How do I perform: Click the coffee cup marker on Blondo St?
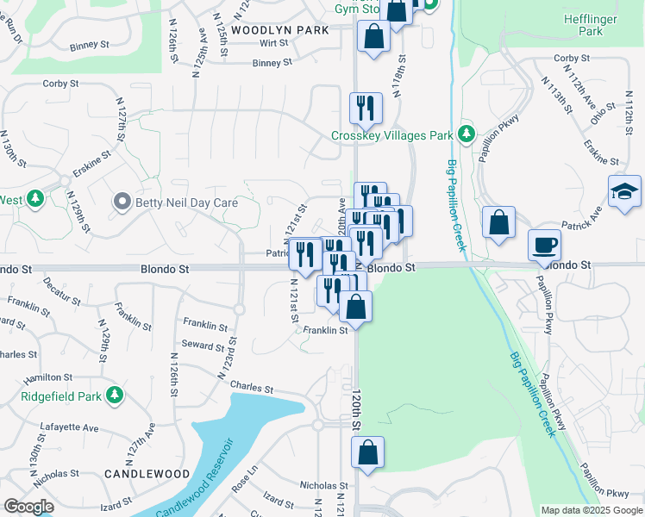click(x=545, y=245)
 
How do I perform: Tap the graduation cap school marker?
click(x=625, y=191)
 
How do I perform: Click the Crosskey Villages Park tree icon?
click(x=467, y=134)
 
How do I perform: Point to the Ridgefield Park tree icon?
click(x=114, y=396)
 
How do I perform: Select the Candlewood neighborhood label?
click(x=147, y=474)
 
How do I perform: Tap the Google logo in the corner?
click(x=28, y=507)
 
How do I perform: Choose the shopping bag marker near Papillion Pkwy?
click(x=499, y=222)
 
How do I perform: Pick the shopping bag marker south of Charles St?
click(x=367, y=452)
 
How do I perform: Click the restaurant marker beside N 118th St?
click(x=366, y=108)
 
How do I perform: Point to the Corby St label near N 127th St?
click(x=60, y=84)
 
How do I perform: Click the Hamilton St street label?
click(x=48, y=377)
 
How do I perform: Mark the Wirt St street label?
click(x=273, y=42)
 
